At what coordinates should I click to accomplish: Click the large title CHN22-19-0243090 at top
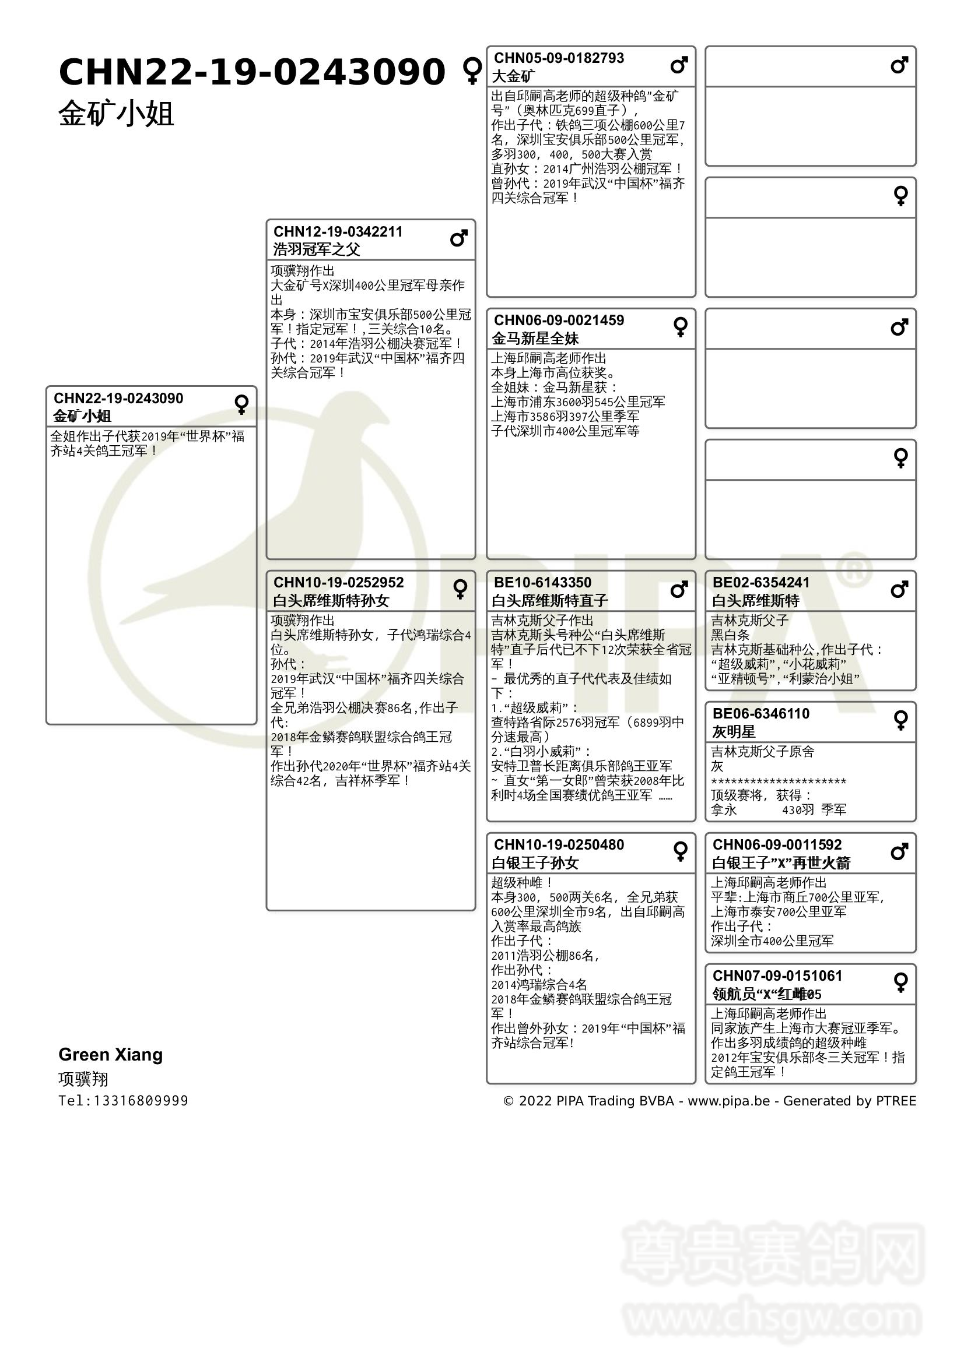pyautogui.click(x=252, y=72)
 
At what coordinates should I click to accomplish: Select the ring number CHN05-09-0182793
pyautogui.click(x=558, y=58)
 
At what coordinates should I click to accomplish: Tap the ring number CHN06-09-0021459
pyautogui.click(x=558, y=321)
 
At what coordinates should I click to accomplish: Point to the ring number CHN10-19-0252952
pyautogui.click(x=338, y=582)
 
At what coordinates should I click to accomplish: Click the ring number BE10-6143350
pyautogui.click(x=542, y=582)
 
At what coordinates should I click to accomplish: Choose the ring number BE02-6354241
pyautogui.click(x=760, y=582)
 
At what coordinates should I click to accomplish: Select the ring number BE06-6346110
pyautogui.click(x=760, y=714)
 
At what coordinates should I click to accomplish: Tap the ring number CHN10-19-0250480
pyautogui.click(x=558, y=845)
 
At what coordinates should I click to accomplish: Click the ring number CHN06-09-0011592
pyautogui.click(x=777, y=845)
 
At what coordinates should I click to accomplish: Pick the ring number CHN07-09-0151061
pyautogui.click(x=777, y=976)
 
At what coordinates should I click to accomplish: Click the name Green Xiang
pyautogui.click(x=110, y=1055)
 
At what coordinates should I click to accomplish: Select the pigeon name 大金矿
pyautogui.click(x=513, y=76)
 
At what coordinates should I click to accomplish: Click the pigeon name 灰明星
pyautogui.click(x=734, y=732)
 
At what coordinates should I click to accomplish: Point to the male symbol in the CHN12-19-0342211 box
pyautogui.click(x=458, y=239)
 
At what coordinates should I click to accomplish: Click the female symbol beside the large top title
pyautogui.click(x=472, y=71)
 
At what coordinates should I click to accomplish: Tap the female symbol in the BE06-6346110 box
pyautogui.click(x=900, y=720)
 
